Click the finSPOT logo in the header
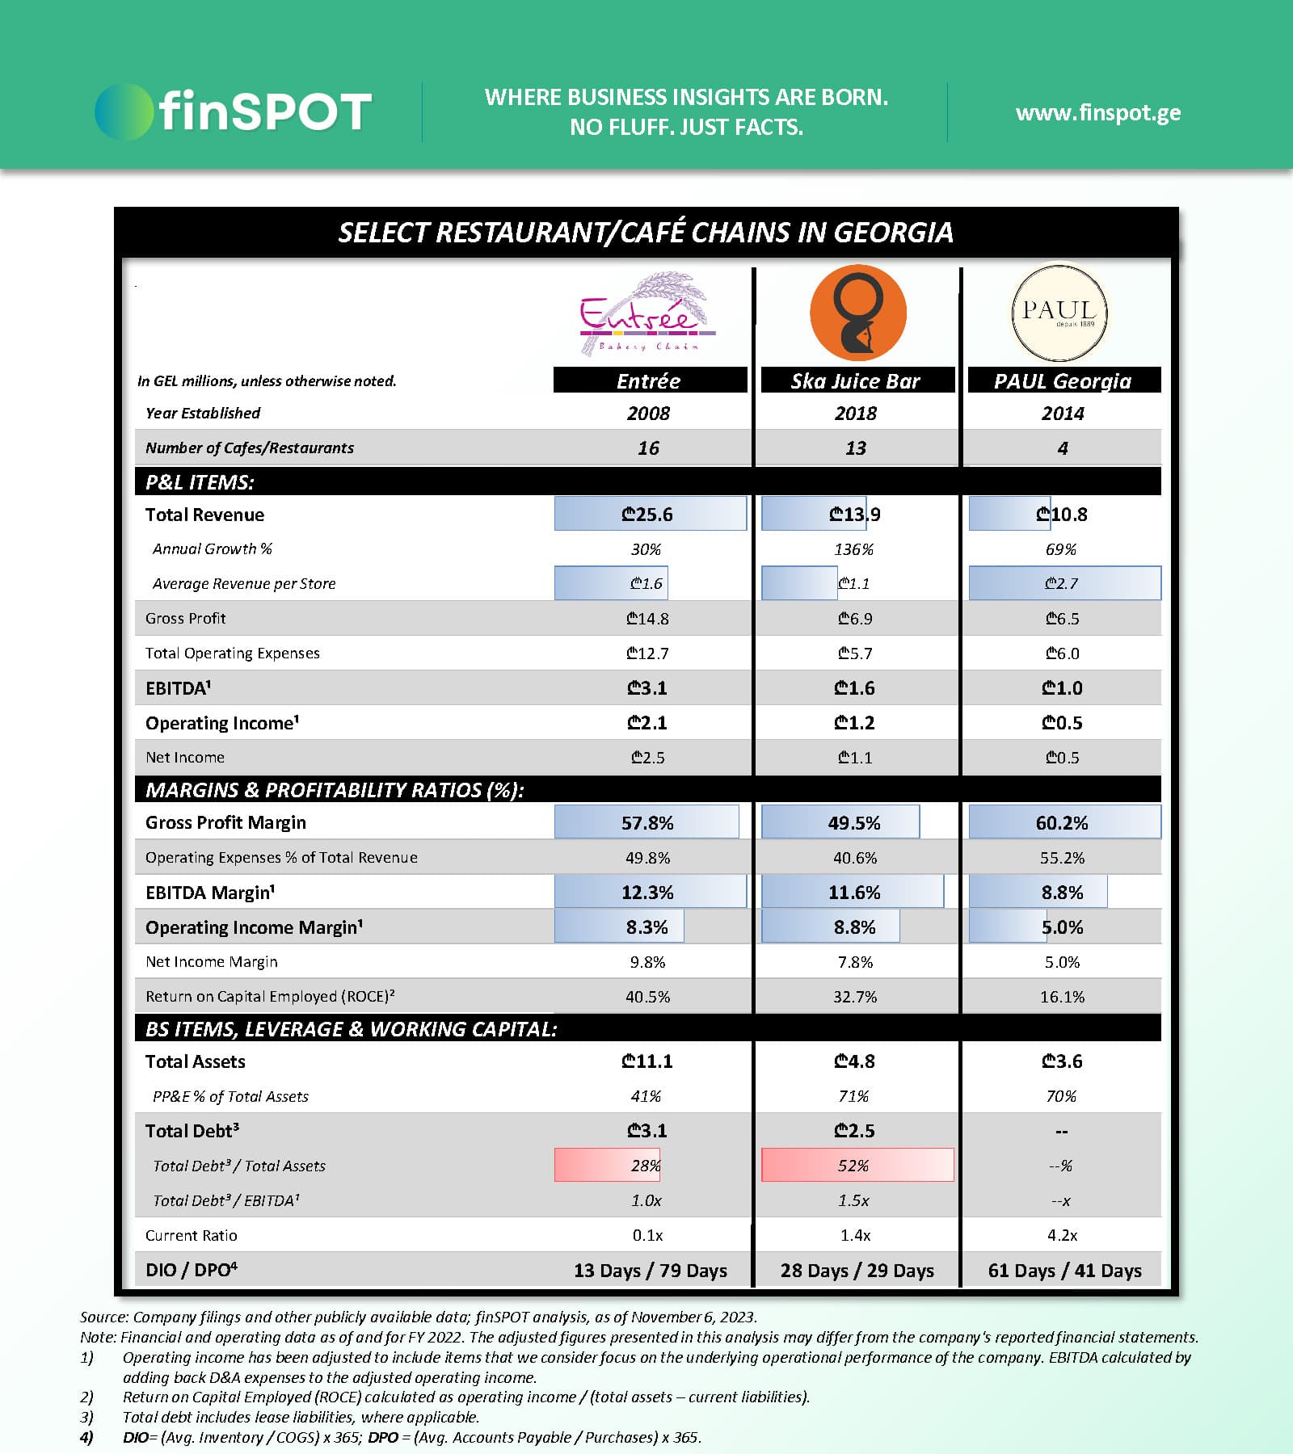[x=233, y=111]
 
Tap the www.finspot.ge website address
[x=1097, y=112]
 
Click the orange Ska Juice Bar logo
[x=857, y=313]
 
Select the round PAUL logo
[x=1059, y=313]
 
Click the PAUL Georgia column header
[x=1063, y=380]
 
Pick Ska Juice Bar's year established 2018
[x=855, y=414]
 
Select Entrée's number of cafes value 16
[x=648, y=448]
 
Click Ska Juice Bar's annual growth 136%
[x=853, y=549]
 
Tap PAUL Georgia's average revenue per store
[x=1061, y=583]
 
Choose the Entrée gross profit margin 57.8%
[x=647, y=822]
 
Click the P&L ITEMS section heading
[x=200, y=482]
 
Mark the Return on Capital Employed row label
[x=270, y=996]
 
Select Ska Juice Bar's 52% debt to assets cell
[x=854, y=1166]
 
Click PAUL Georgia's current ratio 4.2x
[x=1062, y=1235]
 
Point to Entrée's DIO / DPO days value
[x=650, y=1270]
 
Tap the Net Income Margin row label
[x=212, y=961]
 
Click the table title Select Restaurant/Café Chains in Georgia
[x=646, y=233]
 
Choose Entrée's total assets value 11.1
[x=647, y=1061]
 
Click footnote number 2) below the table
[x=87, y=1397]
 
